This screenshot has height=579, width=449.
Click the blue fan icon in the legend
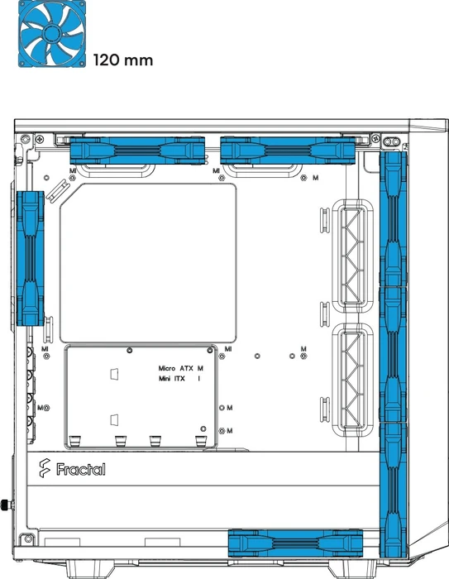[x=52, y=34]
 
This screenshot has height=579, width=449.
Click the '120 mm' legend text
[x=123, y=60]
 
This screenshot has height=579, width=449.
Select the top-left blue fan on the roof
[x=137, y=151]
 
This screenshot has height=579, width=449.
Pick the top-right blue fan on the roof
[x=288, y=151]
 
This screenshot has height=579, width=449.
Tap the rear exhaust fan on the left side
[x=31, y=258]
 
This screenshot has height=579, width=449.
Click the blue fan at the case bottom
[x=295, y=543]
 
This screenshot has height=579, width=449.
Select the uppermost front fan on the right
[x=394, y=218]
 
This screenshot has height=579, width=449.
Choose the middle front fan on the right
[x=394, y=354]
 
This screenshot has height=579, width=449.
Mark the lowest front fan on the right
[x=394, y=490]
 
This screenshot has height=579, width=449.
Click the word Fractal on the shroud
[x=81, y=469]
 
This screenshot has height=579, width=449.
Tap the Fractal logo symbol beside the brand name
[x=45, y=468]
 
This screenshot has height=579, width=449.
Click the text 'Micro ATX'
[x=176, y=369]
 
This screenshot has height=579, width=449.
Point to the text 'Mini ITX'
[x=172, y=379]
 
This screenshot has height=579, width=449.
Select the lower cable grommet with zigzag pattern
[x=352, y=380]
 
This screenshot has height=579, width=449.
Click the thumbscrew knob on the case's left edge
[x=7, y=505]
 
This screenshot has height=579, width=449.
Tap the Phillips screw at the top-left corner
[x=40, y=139]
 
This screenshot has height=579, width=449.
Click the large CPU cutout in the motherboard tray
[x=148, y=263]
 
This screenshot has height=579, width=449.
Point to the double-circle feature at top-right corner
[x=391, y=141]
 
